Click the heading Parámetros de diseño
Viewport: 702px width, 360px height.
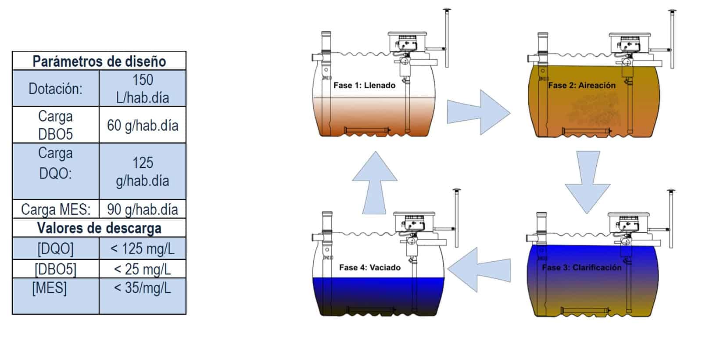pyautogui.click(x=99, y=61)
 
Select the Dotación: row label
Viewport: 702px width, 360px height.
pyautogui.click(x=55, y=89)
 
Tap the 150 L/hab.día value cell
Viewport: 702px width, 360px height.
pyautogui.click(x=143, y=88)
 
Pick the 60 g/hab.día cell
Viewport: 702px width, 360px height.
pyautogui.click(x=143, y=126)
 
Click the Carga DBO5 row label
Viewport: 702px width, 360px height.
pyautogui.click(x=55, y=125)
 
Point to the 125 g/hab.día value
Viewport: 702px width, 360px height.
pyautogui.click(x=143, y=172)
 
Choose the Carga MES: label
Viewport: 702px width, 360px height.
pyautogui.click(x=56, y=209)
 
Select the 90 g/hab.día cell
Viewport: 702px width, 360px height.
pyautogui.click(x=143, y=209)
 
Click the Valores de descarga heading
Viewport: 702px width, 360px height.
pyautogui.click(x=99, y=228)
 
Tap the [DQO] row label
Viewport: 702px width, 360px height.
pyautogui.click(x=55, y=248)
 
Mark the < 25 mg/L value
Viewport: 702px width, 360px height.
pyautogui.click(x=143, y=269)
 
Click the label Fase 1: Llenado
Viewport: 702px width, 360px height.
pyautogui.click(x=365, y=85)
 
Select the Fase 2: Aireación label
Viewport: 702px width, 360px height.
pyautogui.click(x=582, y=85)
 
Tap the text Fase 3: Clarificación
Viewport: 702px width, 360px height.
pyautogui.click(x=582, y=267)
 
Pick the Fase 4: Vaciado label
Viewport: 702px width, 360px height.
pyautogui.click(x=370, y=267)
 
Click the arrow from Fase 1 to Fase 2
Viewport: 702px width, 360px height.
pyautogui.click(x=479, y=112)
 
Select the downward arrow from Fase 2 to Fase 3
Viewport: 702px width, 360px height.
pyautogui.click(x=587, y=183)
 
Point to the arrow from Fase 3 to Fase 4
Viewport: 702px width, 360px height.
pyautogui.click(x=479, y=270)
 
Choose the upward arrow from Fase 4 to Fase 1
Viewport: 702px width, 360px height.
pyautogui.click(x=375, y=183)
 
